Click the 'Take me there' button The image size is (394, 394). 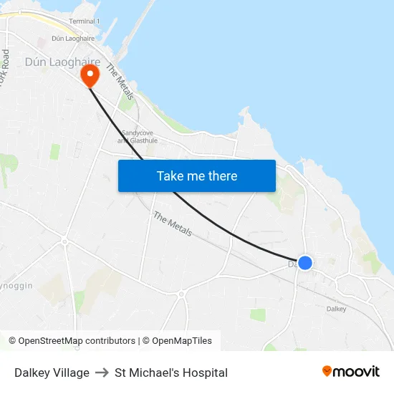click(197, 176)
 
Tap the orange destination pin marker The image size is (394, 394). click(90, 75)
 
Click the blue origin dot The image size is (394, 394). click(304, 263)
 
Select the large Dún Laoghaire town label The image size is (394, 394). click(62, 62)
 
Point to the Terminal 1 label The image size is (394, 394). click(84, 21)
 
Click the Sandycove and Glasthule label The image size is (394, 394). click(138, 137)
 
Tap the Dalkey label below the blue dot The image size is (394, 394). click(336, 309)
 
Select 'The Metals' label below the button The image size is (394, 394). click(173, 224)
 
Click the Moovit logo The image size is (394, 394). click(350, 371)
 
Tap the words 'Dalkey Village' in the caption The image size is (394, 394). click(52, 373)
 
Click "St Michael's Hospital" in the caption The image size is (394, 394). click(171, 373)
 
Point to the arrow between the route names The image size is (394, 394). click(102, 373)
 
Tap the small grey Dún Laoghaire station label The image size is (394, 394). click(73, 38)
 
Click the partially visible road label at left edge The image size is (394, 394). click(6, 68)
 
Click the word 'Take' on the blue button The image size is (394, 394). click(170, 176)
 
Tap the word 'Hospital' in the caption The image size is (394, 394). click(206, 373)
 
